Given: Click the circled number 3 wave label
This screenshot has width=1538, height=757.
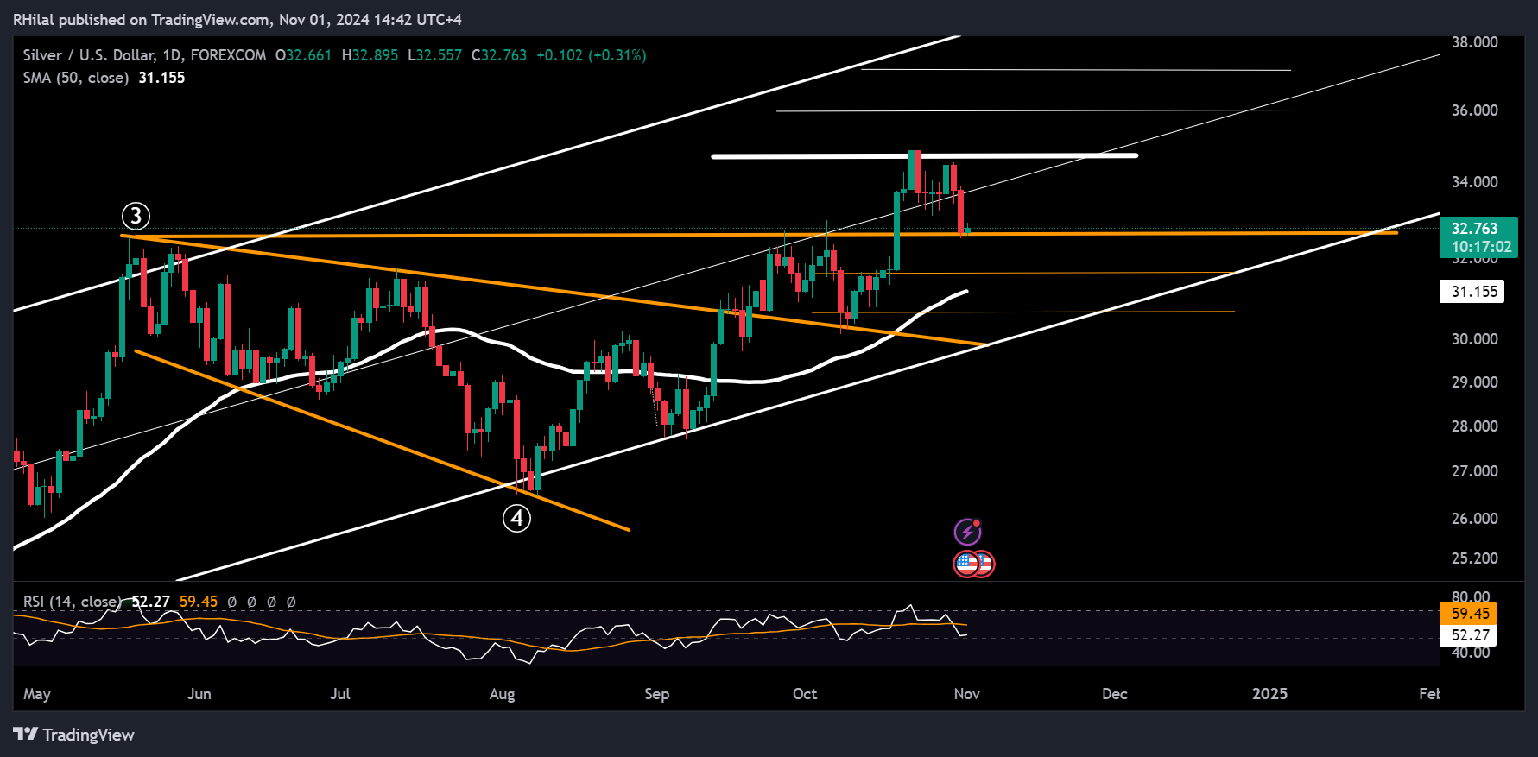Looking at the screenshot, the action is click(136, 216).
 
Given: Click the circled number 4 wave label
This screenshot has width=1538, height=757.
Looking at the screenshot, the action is click(516, 518).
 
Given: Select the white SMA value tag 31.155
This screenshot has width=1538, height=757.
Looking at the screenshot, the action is click(1472, 292).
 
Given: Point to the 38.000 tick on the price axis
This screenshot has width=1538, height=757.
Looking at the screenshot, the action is click(1474, 41).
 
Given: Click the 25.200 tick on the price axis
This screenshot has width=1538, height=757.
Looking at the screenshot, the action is click(1474, 558).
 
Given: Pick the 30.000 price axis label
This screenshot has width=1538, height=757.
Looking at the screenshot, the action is click(1474, 339).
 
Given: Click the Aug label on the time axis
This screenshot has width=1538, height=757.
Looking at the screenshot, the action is click(502, 694).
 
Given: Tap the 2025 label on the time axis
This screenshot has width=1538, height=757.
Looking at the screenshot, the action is click(1269, 694).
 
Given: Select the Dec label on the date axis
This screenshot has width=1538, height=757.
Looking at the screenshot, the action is click(1115, 694).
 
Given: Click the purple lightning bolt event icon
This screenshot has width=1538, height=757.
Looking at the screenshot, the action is click(967, 532).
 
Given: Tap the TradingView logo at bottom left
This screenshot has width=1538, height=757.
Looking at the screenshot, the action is click(74, 735).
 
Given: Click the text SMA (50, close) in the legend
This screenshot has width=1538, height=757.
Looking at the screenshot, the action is click(76, 78).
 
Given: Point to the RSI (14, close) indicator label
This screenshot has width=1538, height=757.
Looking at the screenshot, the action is click(72, 602).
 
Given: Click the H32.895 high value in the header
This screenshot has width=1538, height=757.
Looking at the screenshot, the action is click(370, 55).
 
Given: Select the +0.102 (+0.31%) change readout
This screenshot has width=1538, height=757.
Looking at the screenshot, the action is click(591, 55).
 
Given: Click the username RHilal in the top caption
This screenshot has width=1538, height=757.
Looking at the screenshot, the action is click(34, 19).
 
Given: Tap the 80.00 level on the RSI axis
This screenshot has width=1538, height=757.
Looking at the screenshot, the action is click(1471, 597).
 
